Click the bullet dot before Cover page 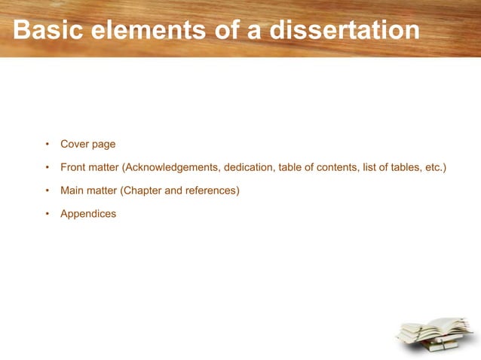(47, 144)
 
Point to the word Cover (75, 144)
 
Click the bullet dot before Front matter (47, 167)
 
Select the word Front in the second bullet (74, 167)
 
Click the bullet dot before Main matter (47, 191)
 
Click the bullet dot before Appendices (47, 214)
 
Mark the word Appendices (88, 214)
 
